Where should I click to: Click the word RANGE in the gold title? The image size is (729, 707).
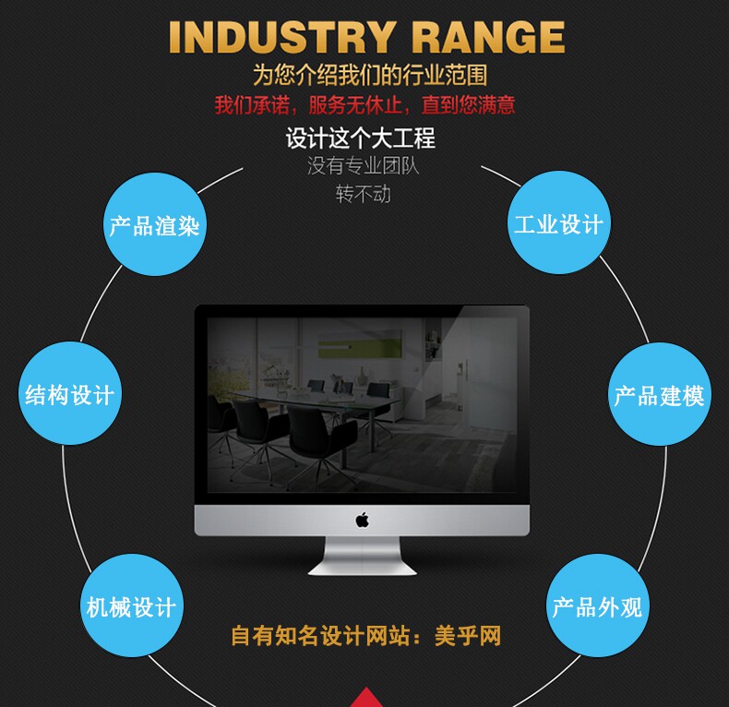tap(488, 37)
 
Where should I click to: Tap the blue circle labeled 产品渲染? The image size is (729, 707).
tap(155, 224)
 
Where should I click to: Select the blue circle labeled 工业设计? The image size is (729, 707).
tap(559, 222)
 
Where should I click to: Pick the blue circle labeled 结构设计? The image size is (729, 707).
tap(70, 393)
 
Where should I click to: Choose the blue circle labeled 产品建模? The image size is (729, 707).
tap(660, 394)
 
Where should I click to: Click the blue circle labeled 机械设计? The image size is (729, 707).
tap(132, 605)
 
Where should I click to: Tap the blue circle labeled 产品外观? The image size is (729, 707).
tap(597, 605)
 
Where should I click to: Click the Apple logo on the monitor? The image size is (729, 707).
tap(362, 520)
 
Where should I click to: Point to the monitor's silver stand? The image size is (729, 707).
tap(362, 556)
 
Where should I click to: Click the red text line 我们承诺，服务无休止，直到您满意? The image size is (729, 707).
tap(365, 105)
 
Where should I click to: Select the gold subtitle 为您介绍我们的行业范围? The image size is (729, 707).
tap(370, 75)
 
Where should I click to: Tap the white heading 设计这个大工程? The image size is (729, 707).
tap(361, 138)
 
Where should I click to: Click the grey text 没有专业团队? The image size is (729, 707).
tap(363, 166)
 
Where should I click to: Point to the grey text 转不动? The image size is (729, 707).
tap(363, 194)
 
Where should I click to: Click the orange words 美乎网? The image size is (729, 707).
tap(468, 636)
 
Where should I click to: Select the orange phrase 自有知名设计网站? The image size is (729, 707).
tap(320, 636)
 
